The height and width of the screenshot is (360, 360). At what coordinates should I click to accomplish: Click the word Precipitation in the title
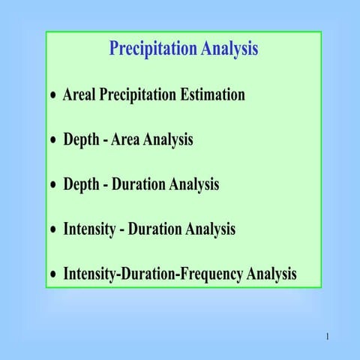tap(153, 49)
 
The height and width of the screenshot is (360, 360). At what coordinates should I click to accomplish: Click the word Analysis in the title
tap(229, 49)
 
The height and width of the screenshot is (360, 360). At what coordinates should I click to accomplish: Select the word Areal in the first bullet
tap(80, 95)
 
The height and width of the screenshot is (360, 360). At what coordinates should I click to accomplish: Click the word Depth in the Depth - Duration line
tap(81, 184)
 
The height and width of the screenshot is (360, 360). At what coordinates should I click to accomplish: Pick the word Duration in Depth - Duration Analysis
tap(142, 184)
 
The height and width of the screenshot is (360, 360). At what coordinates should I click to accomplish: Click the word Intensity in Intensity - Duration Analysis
tap(89, 229)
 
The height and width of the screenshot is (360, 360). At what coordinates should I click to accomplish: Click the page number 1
tap(328, 337)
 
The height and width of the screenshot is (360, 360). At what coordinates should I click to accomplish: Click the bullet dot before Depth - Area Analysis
tap(52, 142)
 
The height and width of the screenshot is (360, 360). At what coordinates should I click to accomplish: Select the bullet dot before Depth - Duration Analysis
tap(52, 186)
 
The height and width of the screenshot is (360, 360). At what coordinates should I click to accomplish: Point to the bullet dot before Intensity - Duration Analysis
tap(52, 231)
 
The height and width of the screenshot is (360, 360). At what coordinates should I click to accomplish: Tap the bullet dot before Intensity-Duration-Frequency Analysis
tap(52, 276)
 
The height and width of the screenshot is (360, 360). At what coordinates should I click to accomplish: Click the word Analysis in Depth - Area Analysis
tap(169, 140)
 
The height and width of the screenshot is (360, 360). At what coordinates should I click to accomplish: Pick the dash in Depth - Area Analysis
tap(105, 141)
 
